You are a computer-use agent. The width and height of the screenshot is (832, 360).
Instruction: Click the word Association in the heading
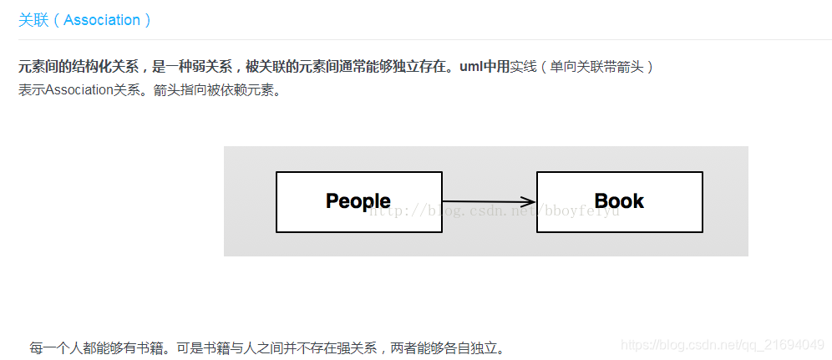[102, 20]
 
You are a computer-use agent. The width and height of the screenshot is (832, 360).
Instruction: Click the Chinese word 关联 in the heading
[33, 20]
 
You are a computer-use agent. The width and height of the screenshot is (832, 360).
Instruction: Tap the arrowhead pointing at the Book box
[528, 201]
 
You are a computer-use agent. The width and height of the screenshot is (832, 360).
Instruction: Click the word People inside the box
[358, 201]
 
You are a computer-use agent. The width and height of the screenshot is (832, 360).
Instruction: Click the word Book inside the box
[619, 201]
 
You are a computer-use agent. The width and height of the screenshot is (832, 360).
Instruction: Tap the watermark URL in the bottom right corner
[723, 345]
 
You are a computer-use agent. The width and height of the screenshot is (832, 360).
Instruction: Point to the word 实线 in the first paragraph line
[523, 67]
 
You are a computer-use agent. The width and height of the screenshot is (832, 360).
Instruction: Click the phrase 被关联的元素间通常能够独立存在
[346, 67]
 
